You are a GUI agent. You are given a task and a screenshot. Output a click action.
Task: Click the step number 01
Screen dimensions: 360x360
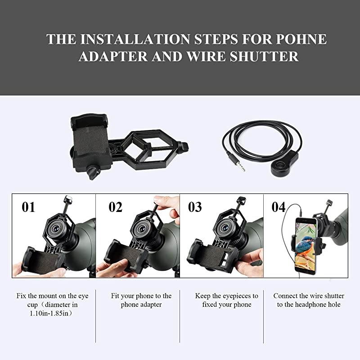[28, 207]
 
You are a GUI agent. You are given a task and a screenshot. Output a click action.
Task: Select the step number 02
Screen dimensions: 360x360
[115, 207]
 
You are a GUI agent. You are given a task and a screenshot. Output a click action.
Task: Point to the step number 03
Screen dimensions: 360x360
[195, 207]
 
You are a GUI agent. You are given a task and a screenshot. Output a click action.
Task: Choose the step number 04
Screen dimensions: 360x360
[279, 207]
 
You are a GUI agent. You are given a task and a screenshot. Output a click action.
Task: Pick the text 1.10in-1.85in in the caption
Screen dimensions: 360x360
[43, 314]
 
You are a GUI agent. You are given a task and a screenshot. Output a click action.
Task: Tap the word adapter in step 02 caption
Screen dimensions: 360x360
[153, 305]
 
